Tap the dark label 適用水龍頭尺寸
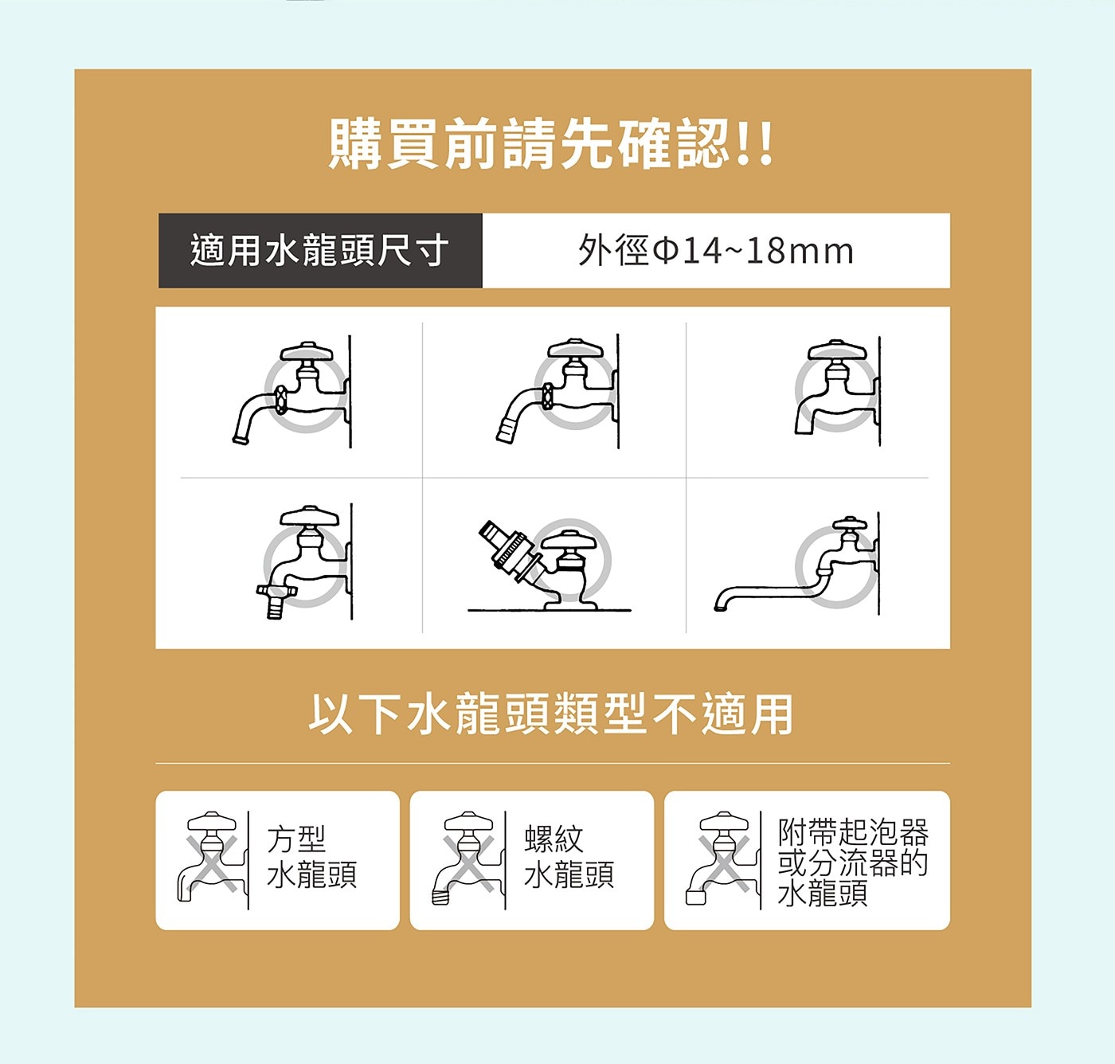(320, 251)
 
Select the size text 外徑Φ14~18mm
(716, 251)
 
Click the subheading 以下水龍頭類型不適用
(550, 714)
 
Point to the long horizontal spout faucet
(797, 565)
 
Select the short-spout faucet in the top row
(838, 389)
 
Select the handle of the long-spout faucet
(850, 523)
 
